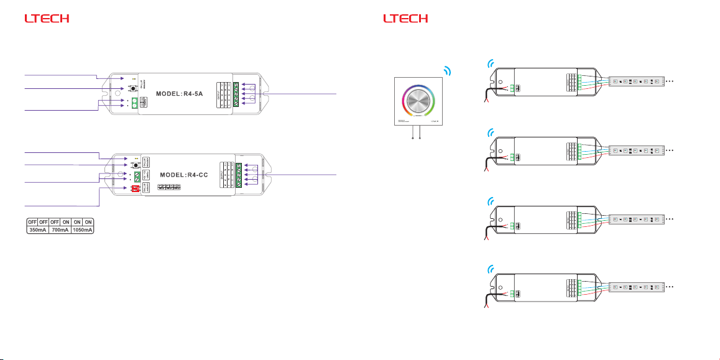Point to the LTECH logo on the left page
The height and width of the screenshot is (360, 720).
46,19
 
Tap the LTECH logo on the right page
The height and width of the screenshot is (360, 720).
406,19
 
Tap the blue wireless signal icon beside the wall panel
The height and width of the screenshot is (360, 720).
446,70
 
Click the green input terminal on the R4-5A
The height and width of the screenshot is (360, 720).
134,103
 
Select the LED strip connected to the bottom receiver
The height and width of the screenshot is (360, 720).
638,288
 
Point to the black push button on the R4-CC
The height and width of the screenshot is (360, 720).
134,167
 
